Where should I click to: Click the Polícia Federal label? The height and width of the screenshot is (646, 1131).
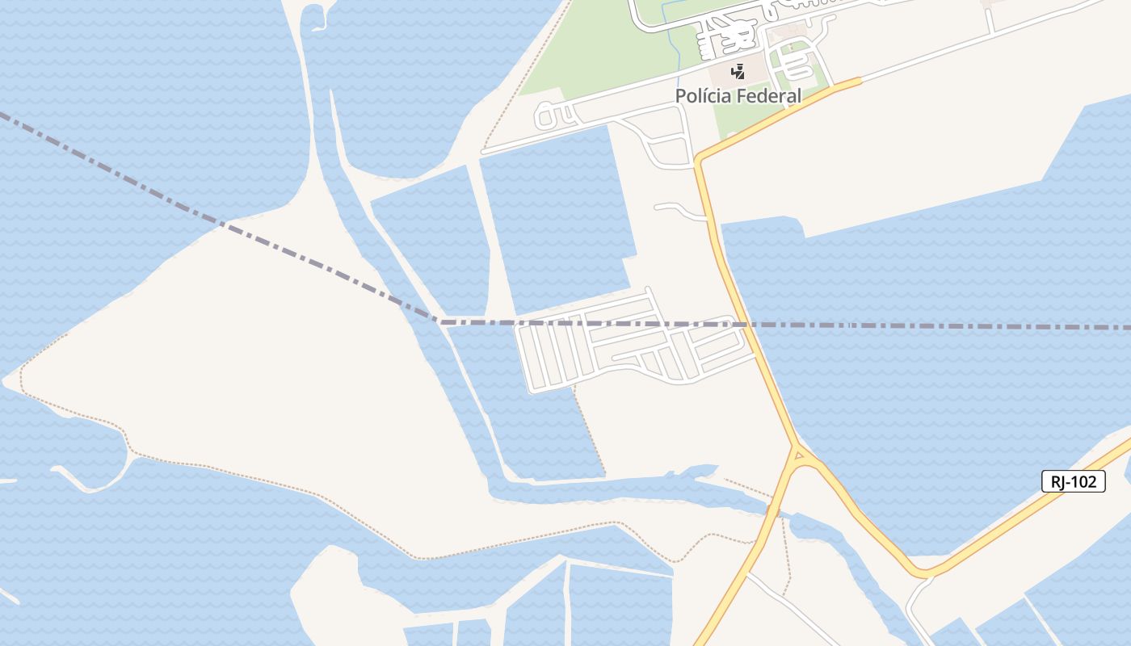pos(738,96)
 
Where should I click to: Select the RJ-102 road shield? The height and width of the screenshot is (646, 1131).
pos(1073,482)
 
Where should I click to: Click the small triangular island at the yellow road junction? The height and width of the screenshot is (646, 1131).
pos(800,457)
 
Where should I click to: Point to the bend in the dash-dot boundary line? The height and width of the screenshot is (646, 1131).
pos(437,321)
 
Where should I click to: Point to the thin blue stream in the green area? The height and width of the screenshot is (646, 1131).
pos(670,32)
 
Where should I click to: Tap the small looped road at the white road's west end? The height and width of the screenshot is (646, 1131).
pos(548,116)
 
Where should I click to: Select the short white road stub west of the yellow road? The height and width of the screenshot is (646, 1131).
pos(679,209)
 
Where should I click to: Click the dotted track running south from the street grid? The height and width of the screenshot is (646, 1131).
pos(590,432)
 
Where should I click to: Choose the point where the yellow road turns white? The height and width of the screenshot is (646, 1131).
pos(860,79)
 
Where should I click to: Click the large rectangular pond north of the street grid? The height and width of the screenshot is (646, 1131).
pos(557,218)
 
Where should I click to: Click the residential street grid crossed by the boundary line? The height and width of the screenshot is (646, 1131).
pos(630,347)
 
